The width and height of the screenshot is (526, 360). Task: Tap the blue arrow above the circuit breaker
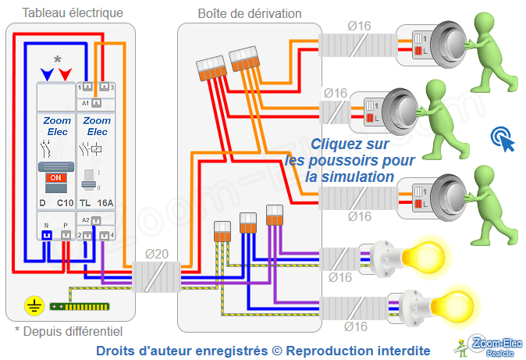(x=48, y=74)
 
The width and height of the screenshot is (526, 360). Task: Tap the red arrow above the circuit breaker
(x=66, y=74)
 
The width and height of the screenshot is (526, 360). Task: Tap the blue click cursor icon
(x=503, y=140)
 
